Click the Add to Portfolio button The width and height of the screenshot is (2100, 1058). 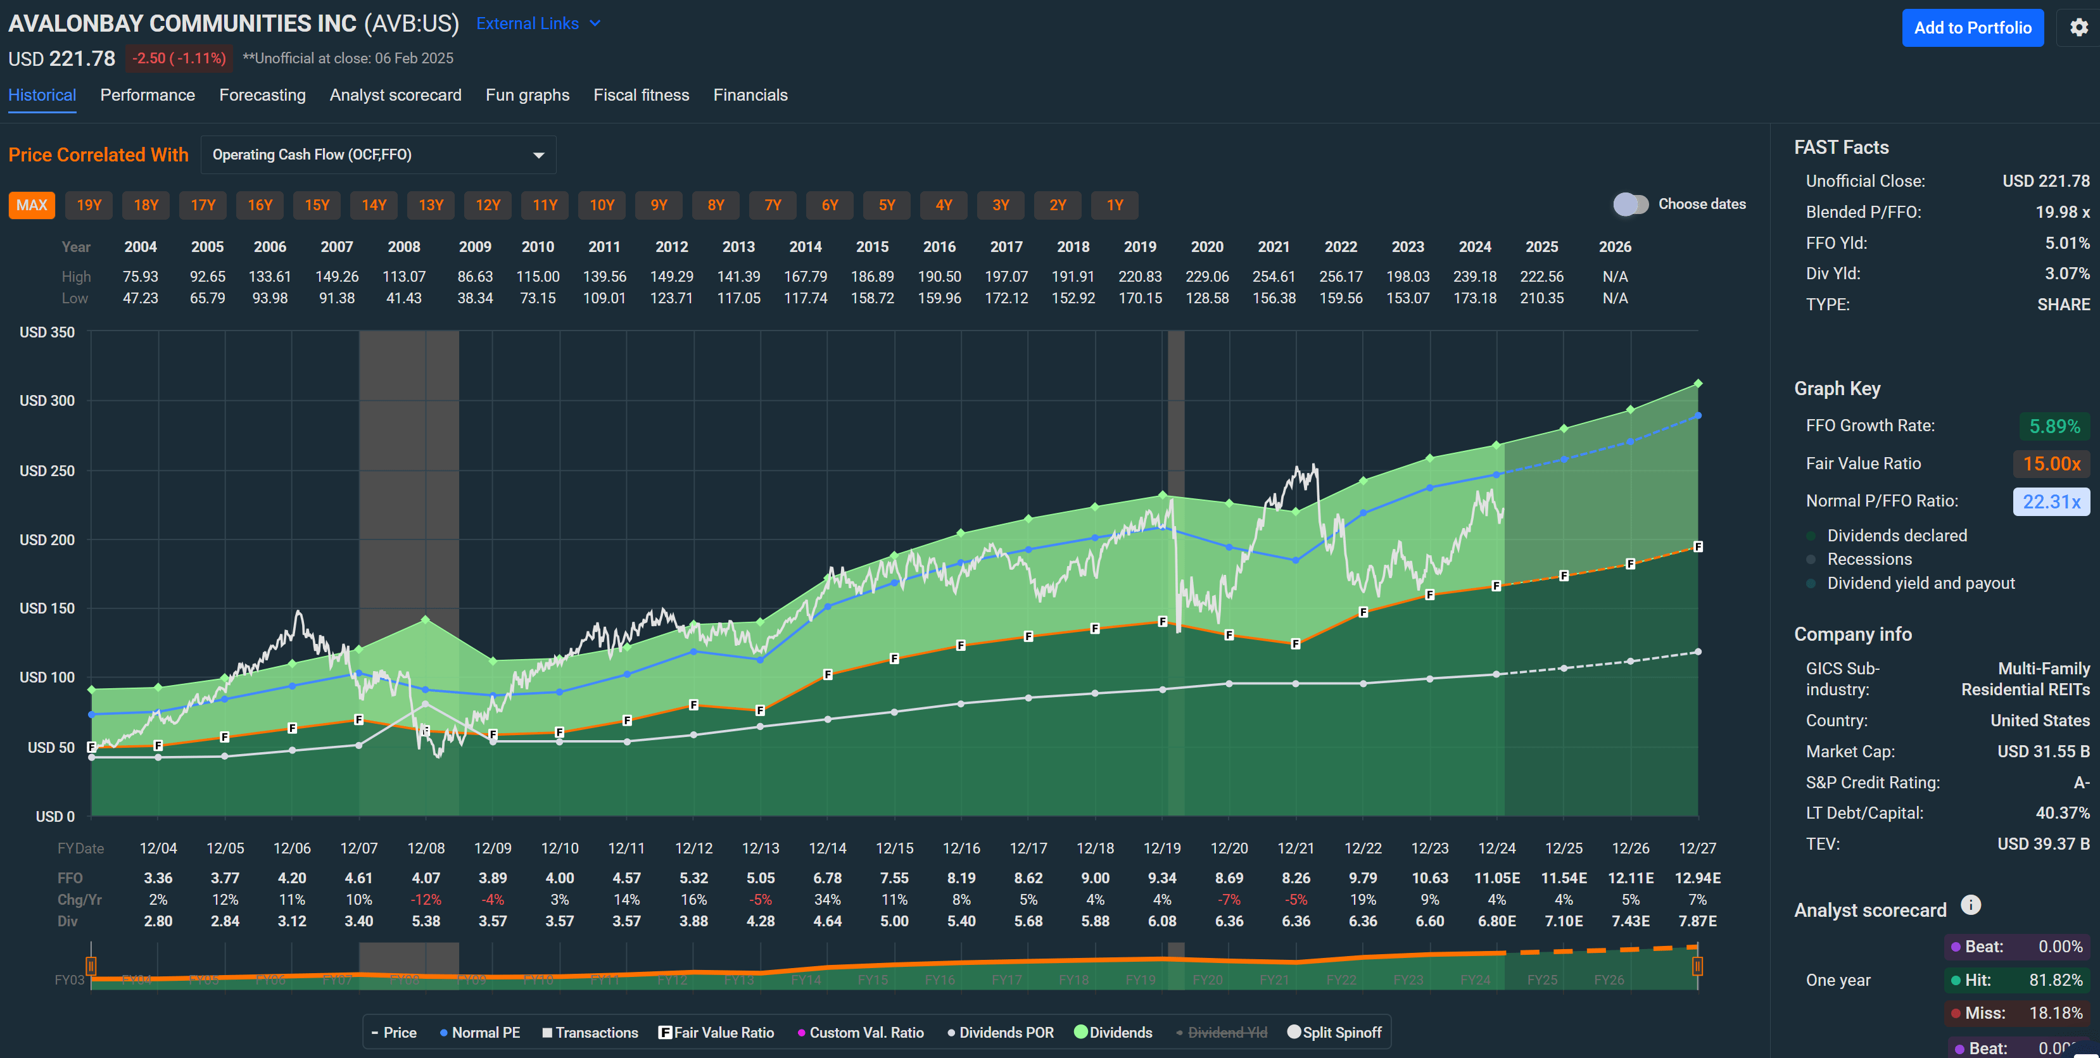(x=1972, y=28)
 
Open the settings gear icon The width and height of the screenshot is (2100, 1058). (x=2079, y=28)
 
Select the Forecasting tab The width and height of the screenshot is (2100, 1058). (x=262, y=96)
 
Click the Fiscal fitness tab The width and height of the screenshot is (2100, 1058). (x=641, y=96)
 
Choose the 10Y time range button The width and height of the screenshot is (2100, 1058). (x=602, y=205)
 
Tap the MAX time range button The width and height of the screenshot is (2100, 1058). (x=32, y=205)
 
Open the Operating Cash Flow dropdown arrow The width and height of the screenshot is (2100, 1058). (x=538, y=155)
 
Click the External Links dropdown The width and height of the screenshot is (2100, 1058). (x=538, y=23)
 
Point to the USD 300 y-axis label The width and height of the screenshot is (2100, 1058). (x=47, y=401)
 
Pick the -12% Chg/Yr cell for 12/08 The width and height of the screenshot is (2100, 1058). (x=426, y=900)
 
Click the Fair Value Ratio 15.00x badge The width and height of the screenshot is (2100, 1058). (x=2051, y=464)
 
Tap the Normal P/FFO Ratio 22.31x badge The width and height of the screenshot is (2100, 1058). (x=2051, y=502)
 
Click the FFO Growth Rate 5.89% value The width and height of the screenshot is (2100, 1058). (x=2054, y=426)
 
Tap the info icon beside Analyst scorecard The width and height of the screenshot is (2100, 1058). (x=1970, y=905)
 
